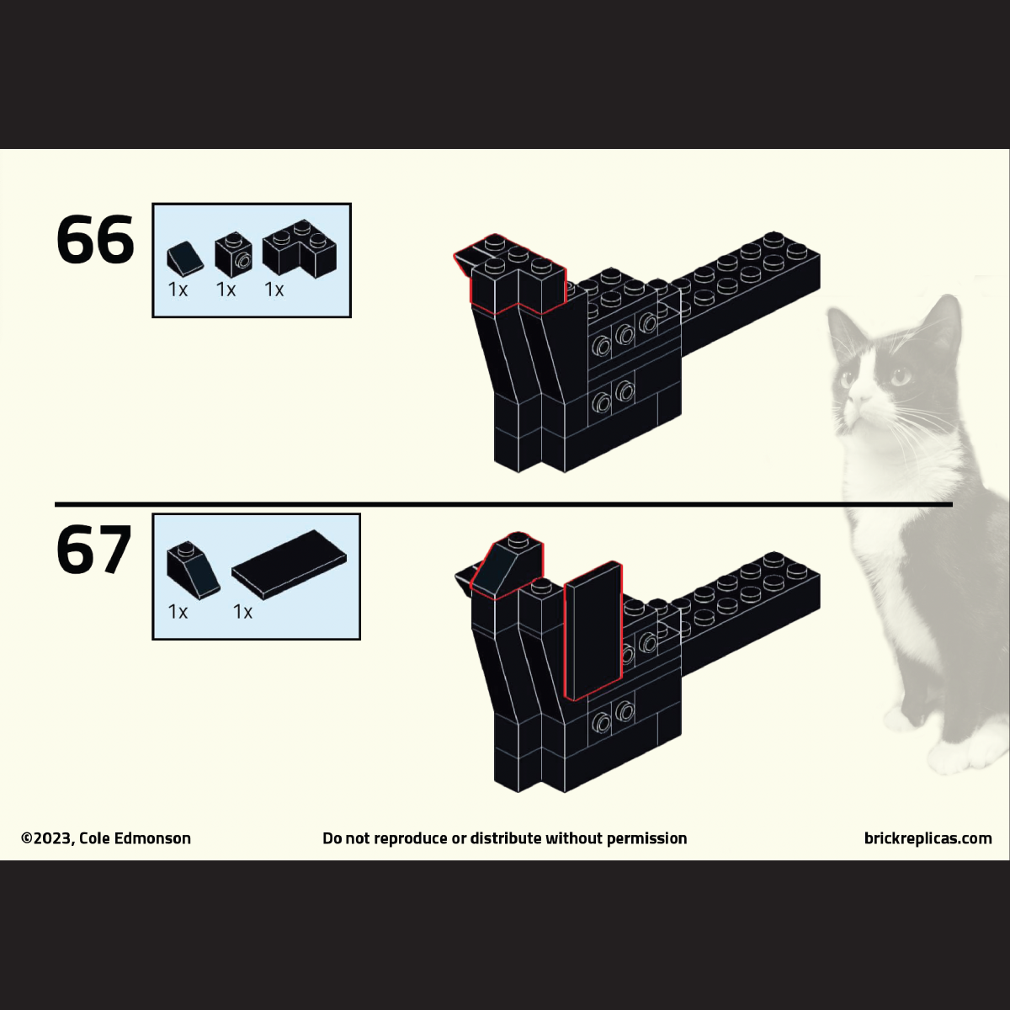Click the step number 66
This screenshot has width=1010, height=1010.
[x=95, y=239]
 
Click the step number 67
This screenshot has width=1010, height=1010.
[x=93, y=550]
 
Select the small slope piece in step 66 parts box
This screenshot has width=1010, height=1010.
[x=185, y=258]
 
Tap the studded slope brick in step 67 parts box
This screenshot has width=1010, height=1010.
[x=193, y=567]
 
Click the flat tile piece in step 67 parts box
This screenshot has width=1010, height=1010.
[x=289, y=562]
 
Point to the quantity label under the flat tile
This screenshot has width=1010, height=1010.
[x=242, y=611]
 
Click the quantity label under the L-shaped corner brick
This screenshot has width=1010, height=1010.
[x=274, y=290]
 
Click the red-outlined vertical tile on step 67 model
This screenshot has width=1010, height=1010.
[x=593, y=630]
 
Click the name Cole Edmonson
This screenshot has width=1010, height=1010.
[x=135, y=838]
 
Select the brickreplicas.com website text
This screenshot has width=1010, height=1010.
[x=928, y=838]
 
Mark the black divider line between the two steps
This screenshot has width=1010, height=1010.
[x=503, y=505]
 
